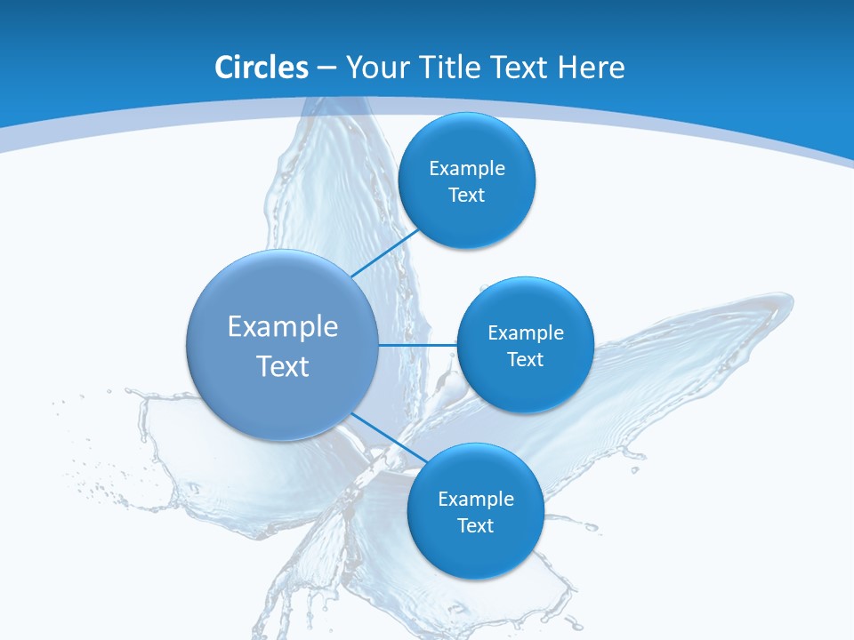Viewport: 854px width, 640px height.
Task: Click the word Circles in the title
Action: (x=261, y=67)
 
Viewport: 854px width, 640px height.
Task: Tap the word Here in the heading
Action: (x=591, y=67)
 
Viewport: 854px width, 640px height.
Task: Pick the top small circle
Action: (x=467, y=142)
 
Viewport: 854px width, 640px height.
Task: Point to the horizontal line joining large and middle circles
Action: (x=417, y=344)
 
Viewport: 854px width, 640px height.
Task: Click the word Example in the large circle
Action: (x=283, y=326)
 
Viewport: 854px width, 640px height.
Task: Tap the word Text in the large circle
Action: (x=283, y=366)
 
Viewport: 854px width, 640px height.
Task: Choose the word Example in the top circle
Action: (x=467, y=168)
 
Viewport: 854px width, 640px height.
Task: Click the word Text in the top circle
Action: (x=467, y=195)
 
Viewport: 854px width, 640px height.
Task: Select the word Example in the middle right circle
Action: (x=526, y=332)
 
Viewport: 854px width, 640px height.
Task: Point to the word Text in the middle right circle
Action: (x=526, y=359)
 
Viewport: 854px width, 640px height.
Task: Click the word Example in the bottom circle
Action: (x=476, y=499)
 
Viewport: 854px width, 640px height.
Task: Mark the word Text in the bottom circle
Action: (x=476, y=525)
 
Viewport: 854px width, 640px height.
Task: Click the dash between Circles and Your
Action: (x=326, y=68)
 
